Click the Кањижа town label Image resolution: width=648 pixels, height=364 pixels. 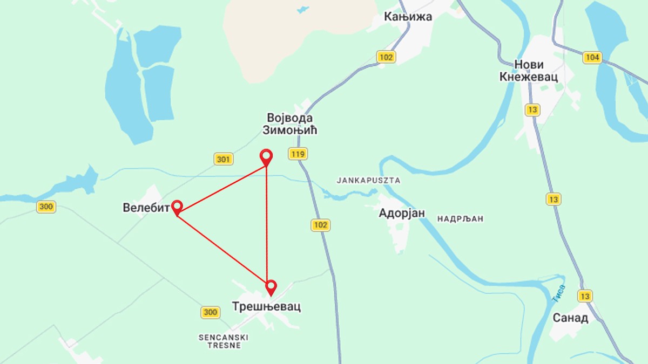[x=408, y=17]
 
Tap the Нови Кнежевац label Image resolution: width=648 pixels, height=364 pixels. [x=529, y=71]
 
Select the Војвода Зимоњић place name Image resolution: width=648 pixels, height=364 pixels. [x=290, y=124]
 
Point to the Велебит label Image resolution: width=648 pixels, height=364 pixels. [x=146, y=208]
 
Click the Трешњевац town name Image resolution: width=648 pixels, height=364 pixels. [x=266, y=306]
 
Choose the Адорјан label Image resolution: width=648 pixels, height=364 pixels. [x=401, y=213]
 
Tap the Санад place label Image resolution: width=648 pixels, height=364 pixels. [x=570, y=318]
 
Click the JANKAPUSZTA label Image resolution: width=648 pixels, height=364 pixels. [x=368, y=180]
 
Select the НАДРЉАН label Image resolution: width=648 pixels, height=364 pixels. [x=460, y=219]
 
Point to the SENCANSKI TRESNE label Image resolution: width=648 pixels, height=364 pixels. [x=223, y=341]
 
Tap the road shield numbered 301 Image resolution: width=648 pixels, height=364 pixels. [x=224, y=159]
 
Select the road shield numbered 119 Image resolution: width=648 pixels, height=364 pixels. [x=298, y=154]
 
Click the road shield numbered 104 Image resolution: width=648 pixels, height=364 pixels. [x=592, y=58]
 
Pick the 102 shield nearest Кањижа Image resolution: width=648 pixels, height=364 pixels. [x=386, y=57]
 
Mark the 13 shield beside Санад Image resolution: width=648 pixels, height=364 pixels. [x=584, y=296]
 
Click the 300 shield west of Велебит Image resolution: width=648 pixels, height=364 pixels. [x=46, y=207]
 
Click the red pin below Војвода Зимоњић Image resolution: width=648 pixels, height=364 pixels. [x=266, y=157]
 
